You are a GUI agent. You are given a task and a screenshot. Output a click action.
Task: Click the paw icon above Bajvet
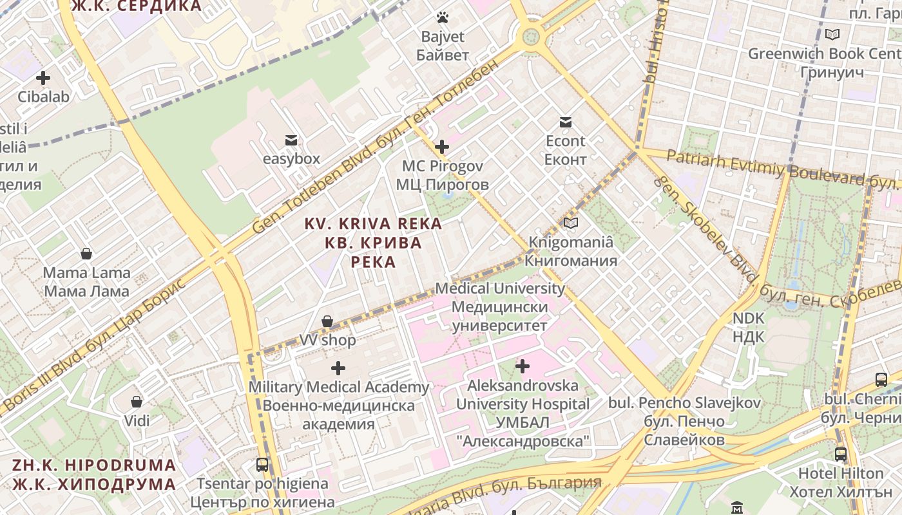tap(442, 17)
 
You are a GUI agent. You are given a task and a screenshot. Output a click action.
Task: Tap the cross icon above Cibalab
tap(43, 78)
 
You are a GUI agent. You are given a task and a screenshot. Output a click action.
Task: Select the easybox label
tap(291, 158)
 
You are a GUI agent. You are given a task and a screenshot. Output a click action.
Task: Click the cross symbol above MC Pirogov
tap(442, 147)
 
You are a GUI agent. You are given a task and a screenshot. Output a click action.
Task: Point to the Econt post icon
tap(566, 122)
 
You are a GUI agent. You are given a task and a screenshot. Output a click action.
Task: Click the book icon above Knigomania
tap(570, 223)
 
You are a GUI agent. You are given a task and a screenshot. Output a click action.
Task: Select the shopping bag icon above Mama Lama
tap(86, 254)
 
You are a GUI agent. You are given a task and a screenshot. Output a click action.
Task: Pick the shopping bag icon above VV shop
tap(327, 321)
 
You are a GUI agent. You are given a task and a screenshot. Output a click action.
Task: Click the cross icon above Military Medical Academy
tap(338, 368)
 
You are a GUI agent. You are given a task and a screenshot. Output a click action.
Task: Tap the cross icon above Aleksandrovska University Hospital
tap(523, 366)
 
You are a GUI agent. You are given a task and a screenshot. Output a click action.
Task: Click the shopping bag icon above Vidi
tap(137, 402)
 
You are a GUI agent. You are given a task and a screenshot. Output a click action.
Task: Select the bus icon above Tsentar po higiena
tap(262, 464)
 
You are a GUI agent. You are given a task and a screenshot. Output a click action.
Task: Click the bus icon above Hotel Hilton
tap(841, 454)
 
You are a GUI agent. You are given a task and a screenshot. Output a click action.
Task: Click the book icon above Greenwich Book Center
tap(832, 34)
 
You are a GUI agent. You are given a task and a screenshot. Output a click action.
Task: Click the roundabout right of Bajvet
tap(531, 37)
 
